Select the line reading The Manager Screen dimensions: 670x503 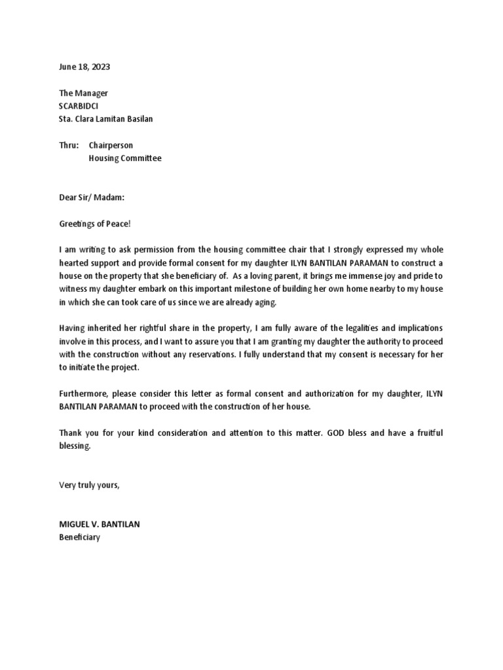[x=83, y=94]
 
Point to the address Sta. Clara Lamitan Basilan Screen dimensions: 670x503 [x=107, y=119]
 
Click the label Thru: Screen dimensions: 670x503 [x=68, y=145]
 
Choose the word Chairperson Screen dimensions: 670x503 [x=111, y=145]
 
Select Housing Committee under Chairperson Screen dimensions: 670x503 [x=124, y=158]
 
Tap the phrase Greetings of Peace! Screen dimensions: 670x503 [x=95, y=224]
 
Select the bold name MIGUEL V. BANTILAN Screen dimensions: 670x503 [x=100, y=524]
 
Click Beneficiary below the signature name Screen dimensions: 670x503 [x=79, y=537]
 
